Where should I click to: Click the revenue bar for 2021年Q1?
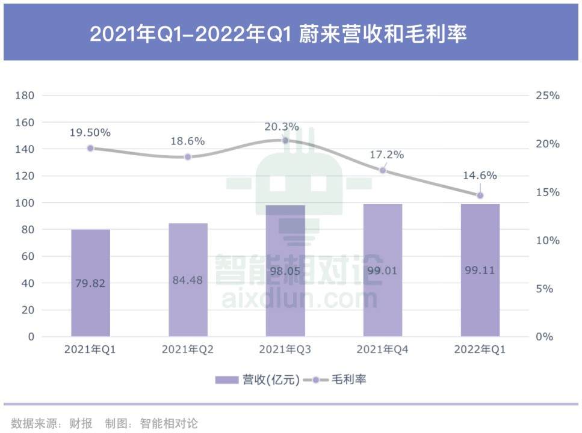tap(90, 283)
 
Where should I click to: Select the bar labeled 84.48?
tap(188, 280)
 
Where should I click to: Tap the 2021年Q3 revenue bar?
tap(285, 271)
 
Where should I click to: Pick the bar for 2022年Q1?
tap(480, 270)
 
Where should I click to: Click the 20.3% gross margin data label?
tap(282, 127)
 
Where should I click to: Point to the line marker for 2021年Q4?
tap(383, 170)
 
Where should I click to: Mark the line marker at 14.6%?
tap(480, 195)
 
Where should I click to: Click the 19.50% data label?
tap(90, 132)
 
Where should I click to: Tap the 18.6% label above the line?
tap(188, 141)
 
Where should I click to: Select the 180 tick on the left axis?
tap(25, 96)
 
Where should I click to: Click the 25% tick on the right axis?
tap(548, 96)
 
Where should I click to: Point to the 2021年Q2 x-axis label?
tap(188, 349)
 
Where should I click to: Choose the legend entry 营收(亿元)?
tap(258, 379)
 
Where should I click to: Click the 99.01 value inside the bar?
tap(383, 271)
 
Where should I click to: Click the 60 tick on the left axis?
tap(28, 256)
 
